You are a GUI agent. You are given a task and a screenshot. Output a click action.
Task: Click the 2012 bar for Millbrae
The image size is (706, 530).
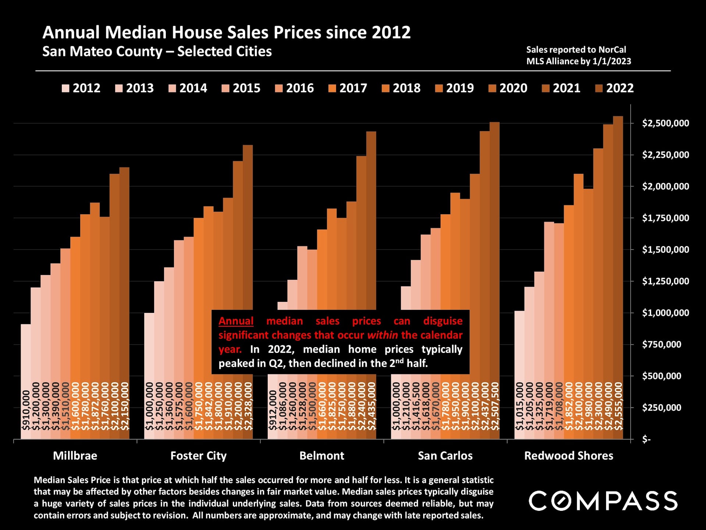26,353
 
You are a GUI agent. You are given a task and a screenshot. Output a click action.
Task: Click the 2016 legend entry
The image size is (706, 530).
295,88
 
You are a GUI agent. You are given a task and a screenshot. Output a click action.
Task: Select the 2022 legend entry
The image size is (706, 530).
614,88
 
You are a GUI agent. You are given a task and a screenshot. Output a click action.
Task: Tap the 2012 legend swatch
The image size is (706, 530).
65,88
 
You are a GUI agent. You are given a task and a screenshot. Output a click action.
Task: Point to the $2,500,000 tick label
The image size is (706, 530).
665,123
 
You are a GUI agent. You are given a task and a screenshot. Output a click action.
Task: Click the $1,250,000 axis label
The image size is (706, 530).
665,281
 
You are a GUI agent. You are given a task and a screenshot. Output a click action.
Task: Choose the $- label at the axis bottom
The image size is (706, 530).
646,439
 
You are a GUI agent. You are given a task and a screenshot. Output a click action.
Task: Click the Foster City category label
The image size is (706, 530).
198,456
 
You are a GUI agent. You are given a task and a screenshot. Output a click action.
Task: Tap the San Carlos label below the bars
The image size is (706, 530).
445,456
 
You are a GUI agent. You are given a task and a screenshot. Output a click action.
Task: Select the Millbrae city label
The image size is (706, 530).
75,456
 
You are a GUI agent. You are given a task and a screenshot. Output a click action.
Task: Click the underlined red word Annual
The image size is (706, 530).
236,321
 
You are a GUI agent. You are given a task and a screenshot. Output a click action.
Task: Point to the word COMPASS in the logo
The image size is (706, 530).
603,501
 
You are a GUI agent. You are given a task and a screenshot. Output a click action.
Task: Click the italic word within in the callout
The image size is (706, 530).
382,335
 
